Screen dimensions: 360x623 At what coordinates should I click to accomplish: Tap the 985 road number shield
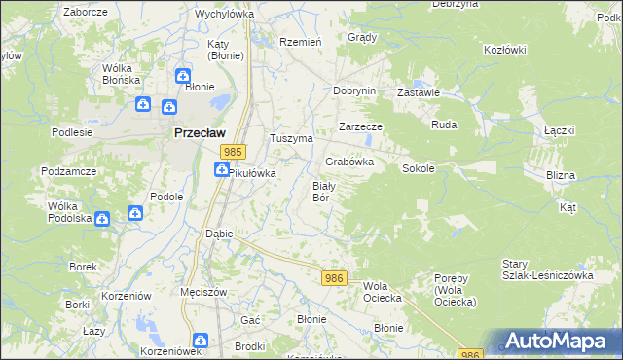[x=232, y=152]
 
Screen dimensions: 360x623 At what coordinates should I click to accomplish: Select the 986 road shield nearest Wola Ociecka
[x=334, y=278]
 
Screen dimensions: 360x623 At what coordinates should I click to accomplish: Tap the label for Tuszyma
[x=290, y=138]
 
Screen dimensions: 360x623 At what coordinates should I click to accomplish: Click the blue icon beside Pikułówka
[x=222, y=170]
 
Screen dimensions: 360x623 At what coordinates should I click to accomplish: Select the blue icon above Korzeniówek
[x=200, y=340]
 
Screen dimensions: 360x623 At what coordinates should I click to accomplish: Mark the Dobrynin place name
[x=353, y=90]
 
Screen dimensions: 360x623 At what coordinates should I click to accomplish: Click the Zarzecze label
[x=360, y=126]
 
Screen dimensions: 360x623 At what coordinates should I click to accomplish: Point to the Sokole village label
[x=418, y=167]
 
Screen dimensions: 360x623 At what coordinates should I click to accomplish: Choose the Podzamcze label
[x=67, y=170]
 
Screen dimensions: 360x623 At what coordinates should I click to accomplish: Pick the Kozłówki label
[x=504, y=49]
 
